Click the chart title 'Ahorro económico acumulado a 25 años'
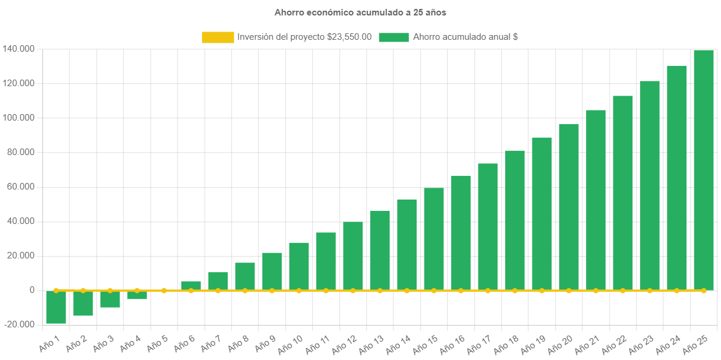tap(360, 12)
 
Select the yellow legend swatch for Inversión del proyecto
tap(218, 37)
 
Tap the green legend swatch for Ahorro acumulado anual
tap(393, 37)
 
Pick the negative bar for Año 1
tap(56, 307)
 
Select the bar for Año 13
tap(380, 250)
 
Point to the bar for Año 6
tap(191, 285)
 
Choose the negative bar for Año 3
tap(110, 299)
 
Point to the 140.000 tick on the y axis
tap(18, 49)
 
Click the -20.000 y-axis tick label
tap(19, 324)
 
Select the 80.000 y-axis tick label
tap(20, 152)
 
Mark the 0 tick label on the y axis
tap(32, 290)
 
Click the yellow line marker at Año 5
tap(164, 290)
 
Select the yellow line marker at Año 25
tap(703, 290)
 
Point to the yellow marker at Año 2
tap(83, 290)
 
